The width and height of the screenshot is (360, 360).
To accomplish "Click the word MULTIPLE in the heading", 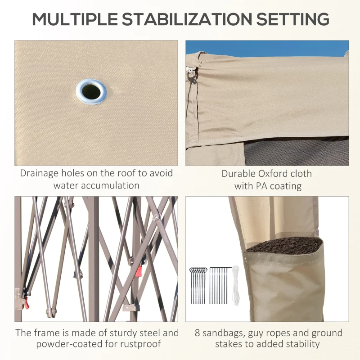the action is pos(75,19).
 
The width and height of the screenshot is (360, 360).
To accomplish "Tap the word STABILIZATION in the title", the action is pos(187,19).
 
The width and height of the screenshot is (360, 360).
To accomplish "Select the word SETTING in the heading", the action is pos(293,19).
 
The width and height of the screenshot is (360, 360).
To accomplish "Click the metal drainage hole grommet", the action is pos(91,92).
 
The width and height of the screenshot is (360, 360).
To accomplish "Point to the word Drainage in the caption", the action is pos(39,174).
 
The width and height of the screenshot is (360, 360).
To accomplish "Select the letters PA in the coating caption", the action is pos(262,186).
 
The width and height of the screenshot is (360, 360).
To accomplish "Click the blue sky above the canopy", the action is pos(267,49).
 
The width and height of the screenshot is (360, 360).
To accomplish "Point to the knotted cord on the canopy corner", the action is pos(192,75).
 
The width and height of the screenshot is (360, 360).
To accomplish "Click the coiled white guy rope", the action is pos(235,285).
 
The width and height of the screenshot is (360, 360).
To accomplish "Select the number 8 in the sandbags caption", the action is pos(198,333).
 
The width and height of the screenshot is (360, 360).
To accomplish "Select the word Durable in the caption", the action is pos(239,174).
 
